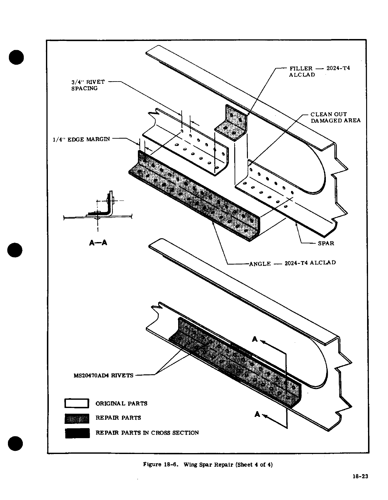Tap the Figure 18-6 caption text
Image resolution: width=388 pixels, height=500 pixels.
click(x=208, y=464)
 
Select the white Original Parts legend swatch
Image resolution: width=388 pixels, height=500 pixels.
click(x=77, y=403)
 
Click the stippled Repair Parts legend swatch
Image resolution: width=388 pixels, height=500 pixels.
click(x=77, y=418)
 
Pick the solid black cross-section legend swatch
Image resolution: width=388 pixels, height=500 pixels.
click(x=77, y=433)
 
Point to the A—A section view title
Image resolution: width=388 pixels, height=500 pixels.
click(x=98, y=243)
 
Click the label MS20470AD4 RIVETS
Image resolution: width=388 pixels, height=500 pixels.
click(x=104, y=376)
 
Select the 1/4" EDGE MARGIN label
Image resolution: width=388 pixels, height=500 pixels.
click(x=81, y=139)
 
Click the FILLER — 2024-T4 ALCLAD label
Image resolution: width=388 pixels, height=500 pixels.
click(x=319, y=71)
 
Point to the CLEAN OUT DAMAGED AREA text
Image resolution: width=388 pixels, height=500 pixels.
click(x=335, y=117)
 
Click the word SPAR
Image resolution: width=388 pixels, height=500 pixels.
click(x=326, y=243)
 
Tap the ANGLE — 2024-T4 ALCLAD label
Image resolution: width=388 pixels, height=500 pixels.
click(x=292, y=263)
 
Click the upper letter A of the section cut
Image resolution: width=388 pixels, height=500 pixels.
click(x=255, y=339)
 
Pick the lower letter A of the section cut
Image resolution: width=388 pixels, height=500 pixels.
click(x=257, y=414)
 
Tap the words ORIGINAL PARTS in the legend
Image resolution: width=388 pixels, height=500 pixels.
click(x=121, y=404)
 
